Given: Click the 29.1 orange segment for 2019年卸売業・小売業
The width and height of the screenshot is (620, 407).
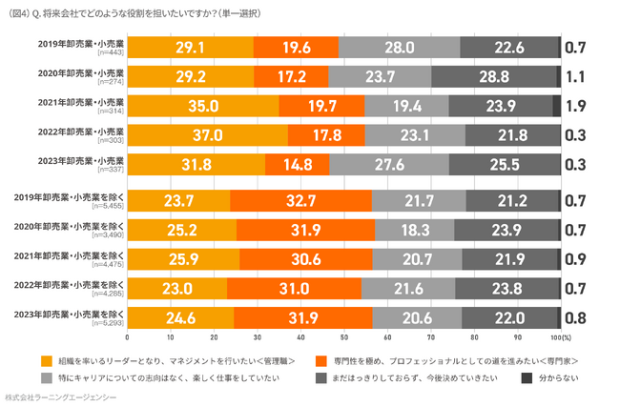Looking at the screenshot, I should tap(190, 48).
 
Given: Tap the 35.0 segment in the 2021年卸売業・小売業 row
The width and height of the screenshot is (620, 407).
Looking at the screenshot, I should tap(203, 106).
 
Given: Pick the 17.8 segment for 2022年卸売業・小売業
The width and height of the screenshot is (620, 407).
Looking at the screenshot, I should tap(326, 134).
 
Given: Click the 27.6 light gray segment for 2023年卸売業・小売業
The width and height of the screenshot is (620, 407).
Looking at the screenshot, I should tap(388, 164).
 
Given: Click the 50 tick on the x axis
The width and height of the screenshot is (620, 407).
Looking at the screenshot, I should tap(344, 336).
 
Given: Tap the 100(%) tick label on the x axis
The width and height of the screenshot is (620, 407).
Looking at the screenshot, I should tap(561, 336).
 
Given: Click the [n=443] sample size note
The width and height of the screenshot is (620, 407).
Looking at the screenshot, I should tap(110, 52).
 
